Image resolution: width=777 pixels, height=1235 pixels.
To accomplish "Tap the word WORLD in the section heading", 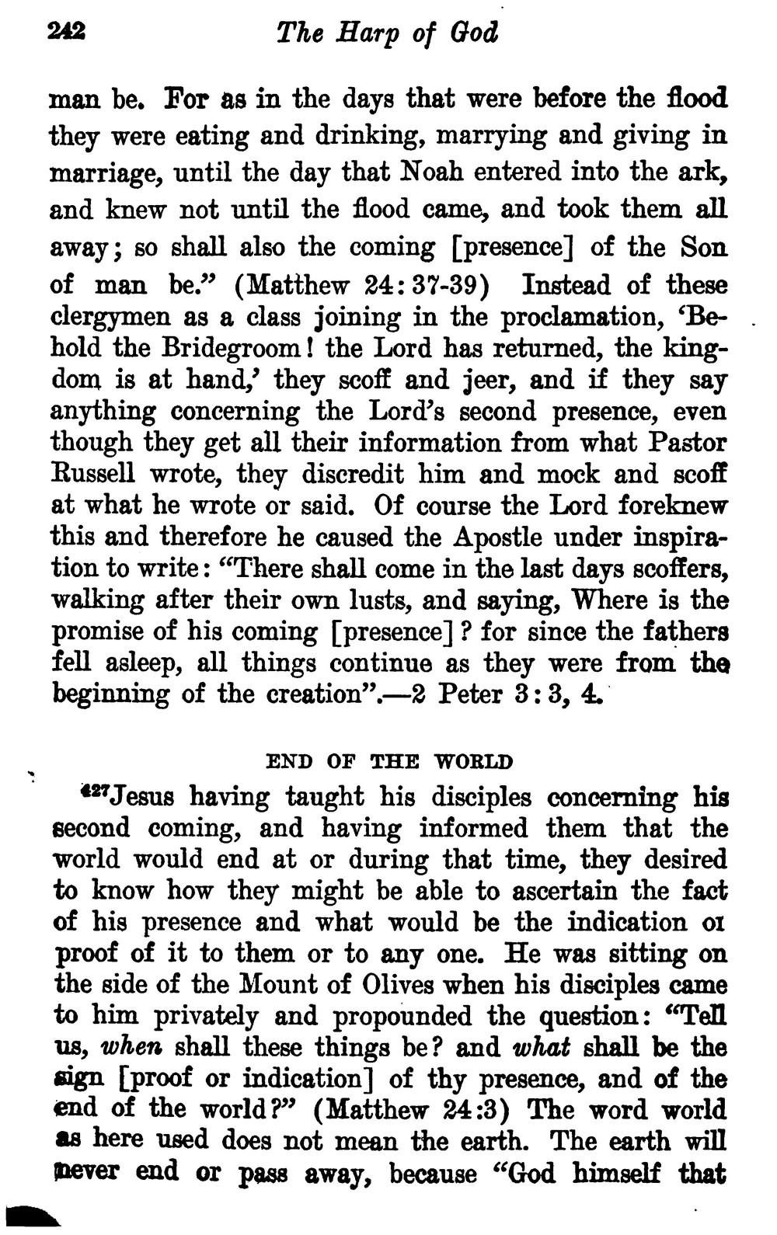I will tap(473, 761).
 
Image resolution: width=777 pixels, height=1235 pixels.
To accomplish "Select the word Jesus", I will tap(146, 798).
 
